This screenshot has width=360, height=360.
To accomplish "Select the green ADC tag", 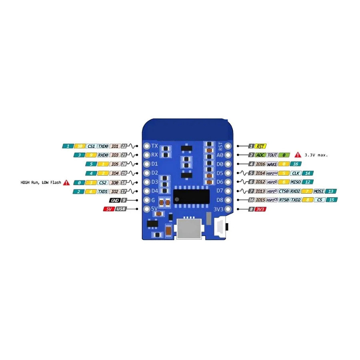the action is point(260,155).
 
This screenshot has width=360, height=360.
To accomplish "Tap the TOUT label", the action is point(272,155).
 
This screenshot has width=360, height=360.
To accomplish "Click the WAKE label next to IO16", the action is point(272,164).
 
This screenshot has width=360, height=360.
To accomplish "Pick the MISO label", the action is point(296,182).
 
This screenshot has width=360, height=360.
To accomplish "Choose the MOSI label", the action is point(319,191).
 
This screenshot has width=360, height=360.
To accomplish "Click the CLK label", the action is point(296,173).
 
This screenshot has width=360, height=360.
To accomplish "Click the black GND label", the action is point(114,200).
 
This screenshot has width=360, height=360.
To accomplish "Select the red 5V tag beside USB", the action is point(109,209).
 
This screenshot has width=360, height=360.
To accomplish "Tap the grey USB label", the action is point(120,209).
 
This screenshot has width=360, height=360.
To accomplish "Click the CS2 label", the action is point(103,182).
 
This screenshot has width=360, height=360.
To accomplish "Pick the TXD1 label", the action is point(103,191).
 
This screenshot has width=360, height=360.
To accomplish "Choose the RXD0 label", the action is point(103,155).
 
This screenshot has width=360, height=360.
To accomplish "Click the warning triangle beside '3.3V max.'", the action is point(298,154).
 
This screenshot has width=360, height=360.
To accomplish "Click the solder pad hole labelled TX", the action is point(146,146).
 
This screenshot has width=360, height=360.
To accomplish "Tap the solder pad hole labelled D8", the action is point(229,200).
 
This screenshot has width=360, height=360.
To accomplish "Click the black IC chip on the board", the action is point(192,196).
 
